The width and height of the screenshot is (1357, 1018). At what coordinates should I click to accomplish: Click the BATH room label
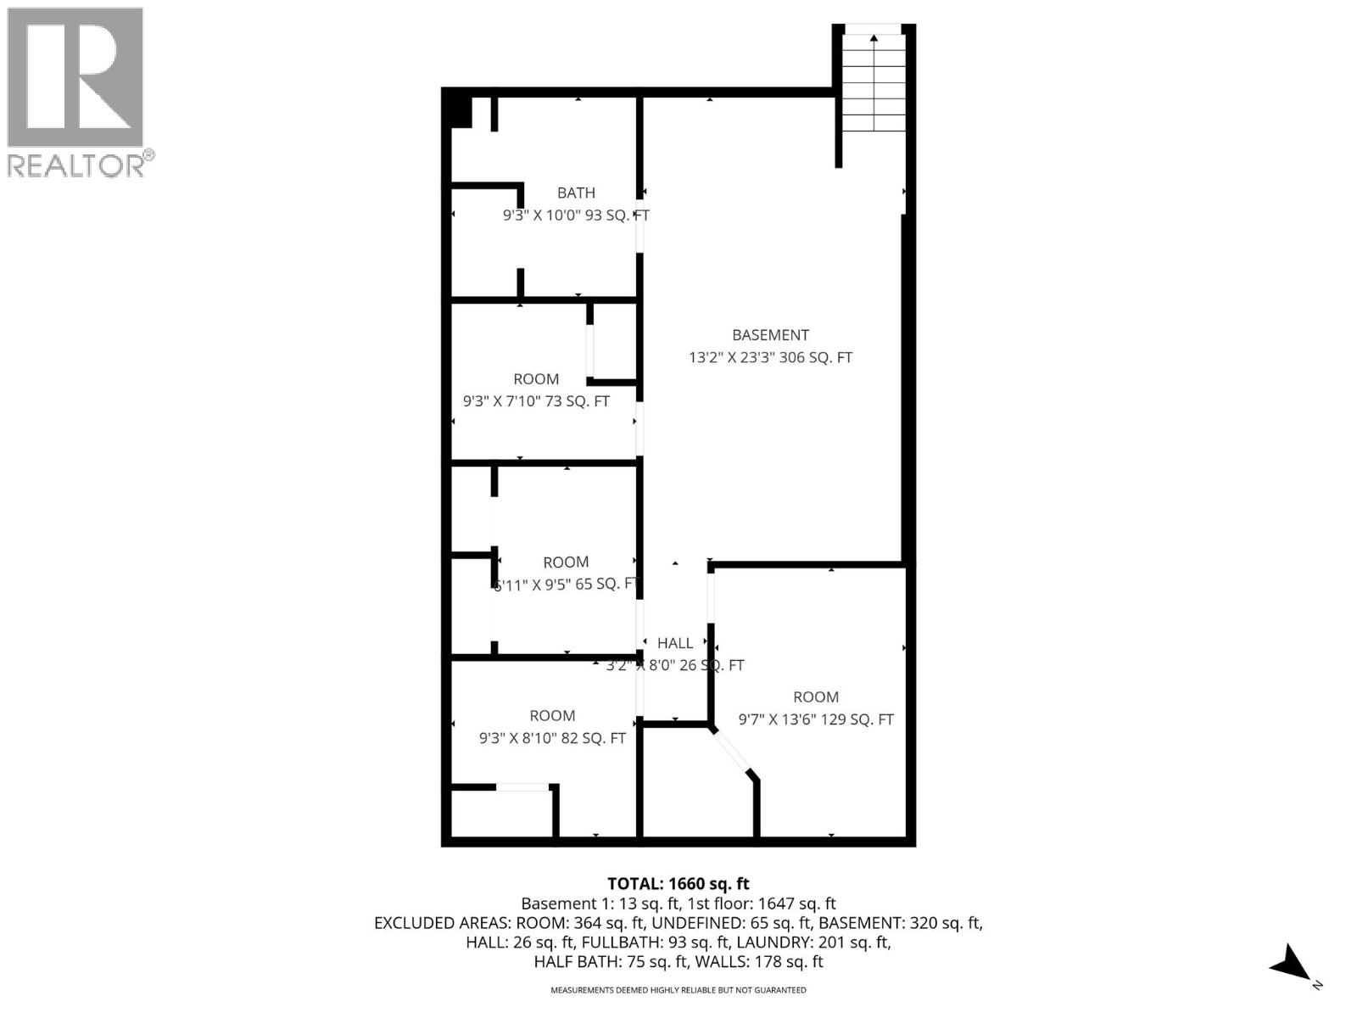click(576, 193)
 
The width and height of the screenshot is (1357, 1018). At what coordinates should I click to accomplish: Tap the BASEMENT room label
click(770, 335)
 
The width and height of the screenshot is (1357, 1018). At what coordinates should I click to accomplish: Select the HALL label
click(675, 643)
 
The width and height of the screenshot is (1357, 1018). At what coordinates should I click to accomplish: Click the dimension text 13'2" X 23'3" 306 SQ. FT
click(770, 358)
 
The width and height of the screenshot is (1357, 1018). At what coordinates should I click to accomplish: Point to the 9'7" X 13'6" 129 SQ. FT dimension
click(816, 719)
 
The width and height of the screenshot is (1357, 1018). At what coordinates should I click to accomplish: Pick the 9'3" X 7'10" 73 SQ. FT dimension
click(536, 401)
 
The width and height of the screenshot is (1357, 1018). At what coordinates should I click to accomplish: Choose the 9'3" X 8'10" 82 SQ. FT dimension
click(552, 738)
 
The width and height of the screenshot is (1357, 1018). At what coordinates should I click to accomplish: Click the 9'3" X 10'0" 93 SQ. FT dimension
click(576, 215)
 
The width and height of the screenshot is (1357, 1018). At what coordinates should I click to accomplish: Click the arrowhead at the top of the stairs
click(874, 37)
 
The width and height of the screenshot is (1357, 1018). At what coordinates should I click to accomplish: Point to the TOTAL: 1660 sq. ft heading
click(678, 884)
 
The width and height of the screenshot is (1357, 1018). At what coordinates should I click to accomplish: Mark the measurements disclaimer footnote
click(678, 990)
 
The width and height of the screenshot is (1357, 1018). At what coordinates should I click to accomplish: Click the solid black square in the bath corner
click(461, 112)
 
